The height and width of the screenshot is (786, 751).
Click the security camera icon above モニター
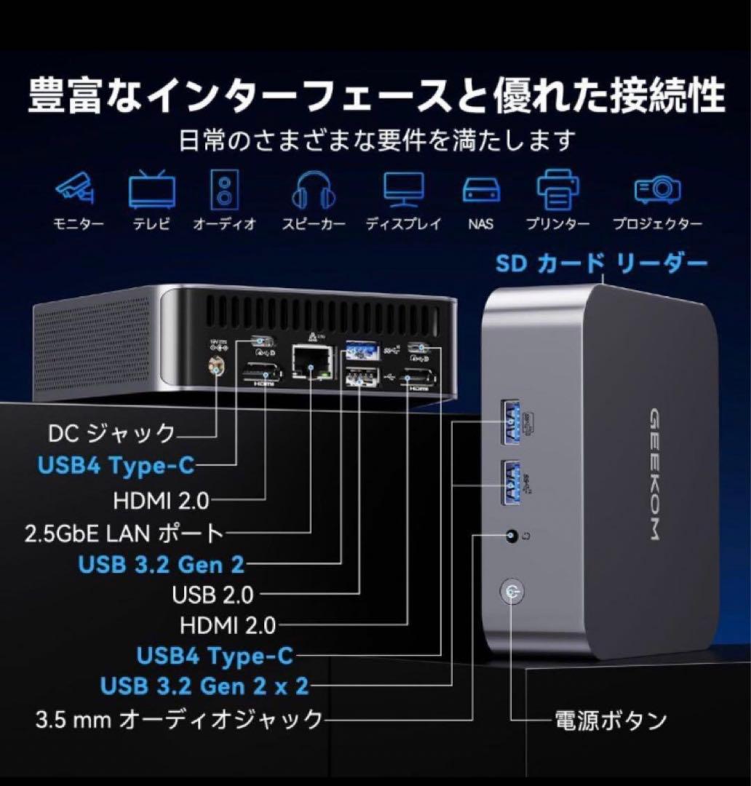click(75, 188)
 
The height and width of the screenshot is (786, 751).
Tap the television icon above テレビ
click(151, 189)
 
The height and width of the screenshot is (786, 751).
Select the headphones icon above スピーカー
click(314, 189)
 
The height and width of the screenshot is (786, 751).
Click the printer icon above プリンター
click(559, 188)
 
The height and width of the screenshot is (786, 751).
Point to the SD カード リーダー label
click(601, 263)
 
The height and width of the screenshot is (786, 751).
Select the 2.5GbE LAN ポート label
click(123, 533)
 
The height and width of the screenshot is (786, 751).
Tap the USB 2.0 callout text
click(212, 595)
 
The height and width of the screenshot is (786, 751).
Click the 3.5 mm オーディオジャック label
click(178, 720)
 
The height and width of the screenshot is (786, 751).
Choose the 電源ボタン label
click(611, 720)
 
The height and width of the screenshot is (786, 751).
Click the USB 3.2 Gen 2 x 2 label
click(204, 686)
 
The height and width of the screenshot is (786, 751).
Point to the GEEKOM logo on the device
click(653, 474)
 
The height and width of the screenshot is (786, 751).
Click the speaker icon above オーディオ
click(224, 189)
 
